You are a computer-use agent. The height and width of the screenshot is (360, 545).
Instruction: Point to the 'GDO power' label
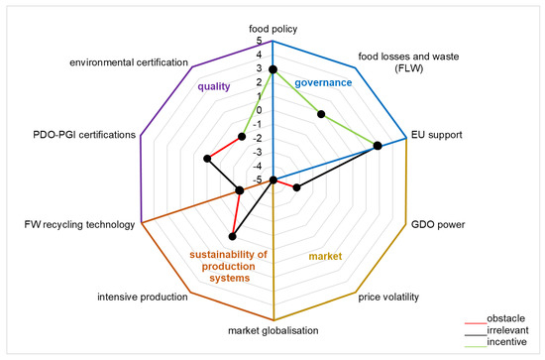(437, 225)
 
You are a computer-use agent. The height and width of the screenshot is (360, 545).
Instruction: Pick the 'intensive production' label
(143, 297)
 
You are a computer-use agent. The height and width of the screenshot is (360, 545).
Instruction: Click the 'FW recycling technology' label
(78, 225)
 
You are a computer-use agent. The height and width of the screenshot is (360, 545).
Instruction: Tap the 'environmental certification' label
(129, 62)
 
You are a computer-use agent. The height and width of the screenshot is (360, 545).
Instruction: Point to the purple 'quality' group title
(214, 86)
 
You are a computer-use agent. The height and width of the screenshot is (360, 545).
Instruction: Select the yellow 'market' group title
(324, 257)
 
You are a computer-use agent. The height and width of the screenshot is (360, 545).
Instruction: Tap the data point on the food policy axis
(273, 69)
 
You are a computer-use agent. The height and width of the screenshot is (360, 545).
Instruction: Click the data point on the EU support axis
(378, 146)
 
